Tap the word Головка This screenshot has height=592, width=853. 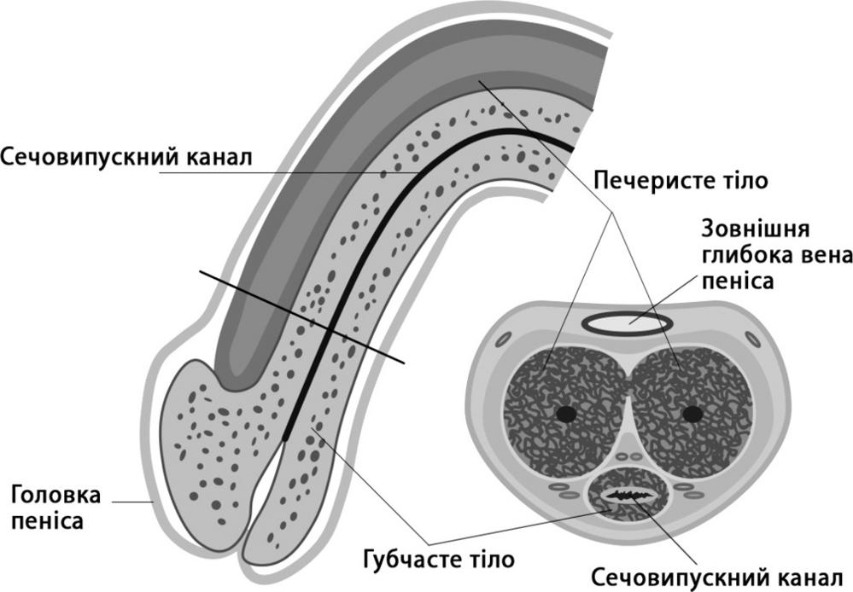(56, 496)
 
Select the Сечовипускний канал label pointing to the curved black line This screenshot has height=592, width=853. (126, 157)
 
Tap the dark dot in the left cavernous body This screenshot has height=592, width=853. (566, 414)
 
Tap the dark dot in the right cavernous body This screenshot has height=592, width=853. (692, 414)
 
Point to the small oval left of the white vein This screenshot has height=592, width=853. (503, 340)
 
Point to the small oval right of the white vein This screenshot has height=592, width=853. (753, 340)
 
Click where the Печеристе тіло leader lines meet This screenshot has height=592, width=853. (612, 212)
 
